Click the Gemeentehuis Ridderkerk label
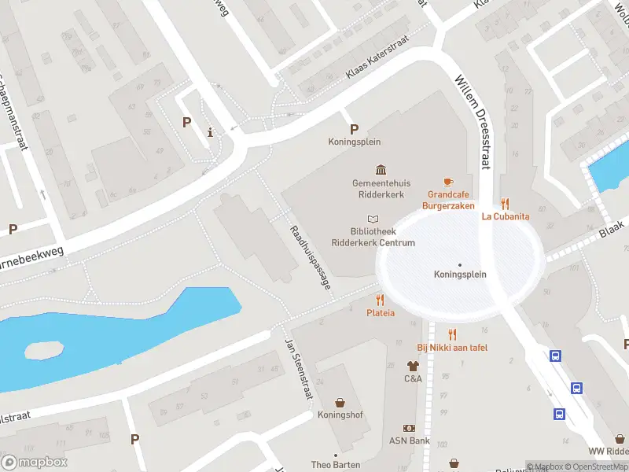pyautogui.click(x=381, y=188)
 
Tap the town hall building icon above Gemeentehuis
pyautogui.click(x=381, y=170)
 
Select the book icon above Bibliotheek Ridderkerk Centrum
pyautogui.click(x=373, y=219)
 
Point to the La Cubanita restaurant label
pyautogui.click(x=505, y=216)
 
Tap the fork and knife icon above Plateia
pyautogui.click(x=381, y=300)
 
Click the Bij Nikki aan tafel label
pyautogui.click(x=452, y=347)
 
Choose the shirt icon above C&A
pyautogui.click(x=413, y=366)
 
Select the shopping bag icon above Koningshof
pyautogui.click(x=340, y=402)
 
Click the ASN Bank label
pyautogui.click(x=409, y=441)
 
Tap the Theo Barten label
pyautogui.click(x=336, y=465)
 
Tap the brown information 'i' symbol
pyautogui.click(x=210, y=132)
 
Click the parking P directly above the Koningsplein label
pyautogui.click(x=354, y=129)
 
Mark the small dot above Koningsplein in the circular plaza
pyautogui.click(x=460, y=264)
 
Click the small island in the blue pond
pyautogui.click(x=43, y=348)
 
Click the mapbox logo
pyautogui.click(x=35, y=462)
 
